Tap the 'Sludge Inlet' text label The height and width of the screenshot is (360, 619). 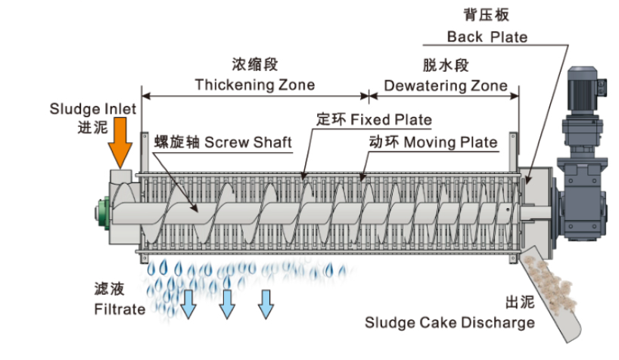93,109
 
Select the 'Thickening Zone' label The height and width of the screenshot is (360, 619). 254,84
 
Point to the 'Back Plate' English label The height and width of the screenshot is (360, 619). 487,36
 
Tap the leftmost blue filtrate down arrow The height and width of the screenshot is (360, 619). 187,303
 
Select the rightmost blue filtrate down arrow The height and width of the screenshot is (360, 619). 266,303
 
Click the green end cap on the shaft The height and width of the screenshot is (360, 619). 101,211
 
